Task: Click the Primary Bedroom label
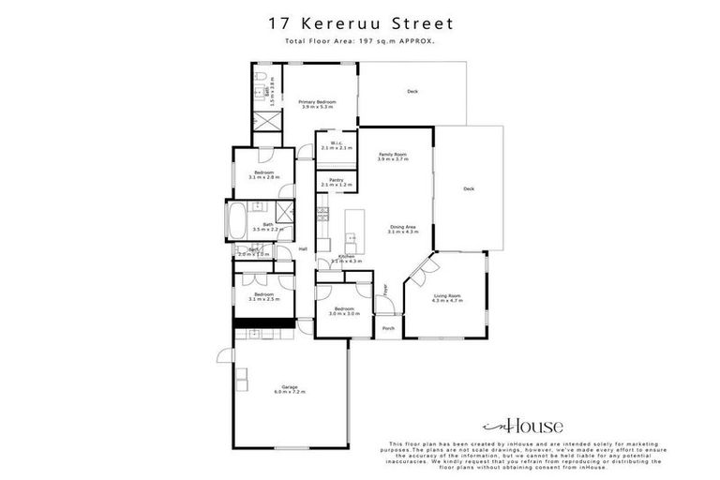(318, 101)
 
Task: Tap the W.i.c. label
(336, 143)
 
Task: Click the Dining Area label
(403, 226)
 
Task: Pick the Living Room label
(446, 296)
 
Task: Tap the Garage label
(290, 386)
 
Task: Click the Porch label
(387, 329)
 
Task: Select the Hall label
(303, 248)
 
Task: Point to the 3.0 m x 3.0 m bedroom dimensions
(345, 314)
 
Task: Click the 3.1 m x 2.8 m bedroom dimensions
(264, 177)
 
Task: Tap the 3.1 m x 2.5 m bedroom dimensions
(264, 299)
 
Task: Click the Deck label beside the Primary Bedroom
(412, 91)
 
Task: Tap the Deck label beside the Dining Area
(469, 189)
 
